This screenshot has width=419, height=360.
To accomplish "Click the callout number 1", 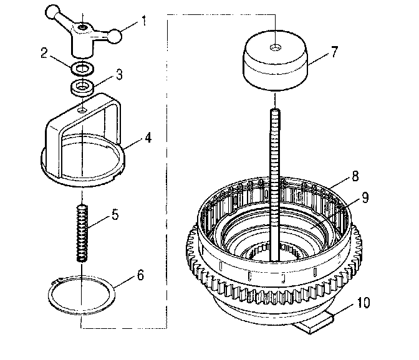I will (145, 22).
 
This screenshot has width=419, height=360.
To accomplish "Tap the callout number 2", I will (44, 54).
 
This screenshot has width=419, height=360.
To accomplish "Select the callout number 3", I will (120, 74).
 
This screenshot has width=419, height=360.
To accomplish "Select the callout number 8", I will (354, 176).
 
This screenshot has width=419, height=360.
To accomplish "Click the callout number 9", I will (364, 198).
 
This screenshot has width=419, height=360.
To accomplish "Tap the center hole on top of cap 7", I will (275, 47).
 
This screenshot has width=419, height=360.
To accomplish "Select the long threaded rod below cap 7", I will (274, 181).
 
